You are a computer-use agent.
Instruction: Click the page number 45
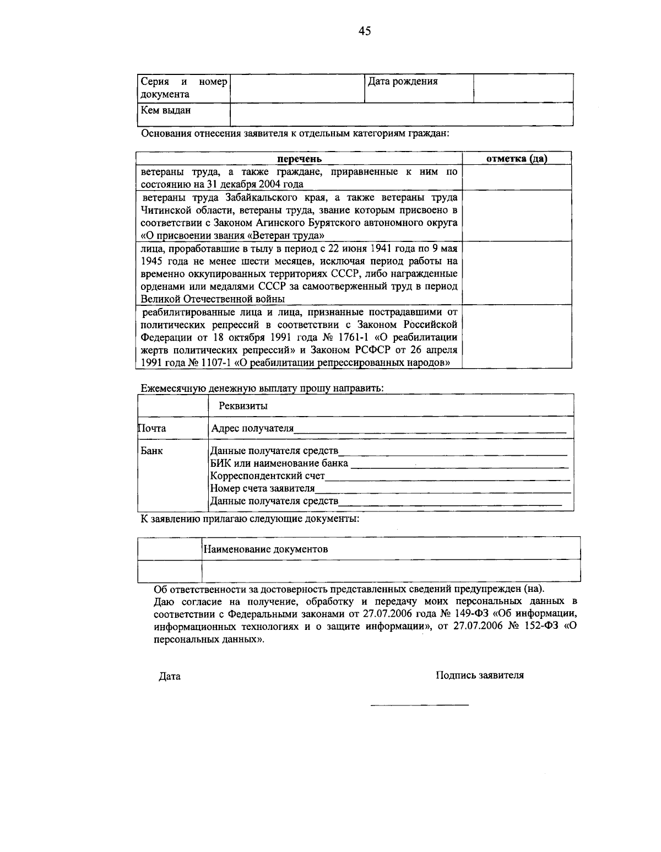[x=365, y=31]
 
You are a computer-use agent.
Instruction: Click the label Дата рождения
[x=403, y=82]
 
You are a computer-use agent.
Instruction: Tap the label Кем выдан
[x=165, y=110]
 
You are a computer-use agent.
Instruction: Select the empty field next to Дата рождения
[x=523, y=88]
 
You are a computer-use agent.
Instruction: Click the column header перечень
[x=299, y=159]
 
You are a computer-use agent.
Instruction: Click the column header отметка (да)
[x=517, y=159]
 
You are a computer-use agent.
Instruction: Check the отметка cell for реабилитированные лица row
[x=517, y=336]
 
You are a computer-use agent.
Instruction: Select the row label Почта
[x=152, y=428]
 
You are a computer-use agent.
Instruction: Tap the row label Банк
[x=151, y=451]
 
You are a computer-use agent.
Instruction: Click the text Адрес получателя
[x=252, y=429]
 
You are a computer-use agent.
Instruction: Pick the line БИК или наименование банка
[x=279, y=463]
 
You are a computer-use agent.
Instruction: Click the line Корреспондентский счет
[x=268, y=476]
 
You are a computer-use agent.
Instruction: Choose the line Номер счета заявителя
[x=263, y=488]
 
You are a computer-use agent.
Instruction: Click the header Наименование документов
[x=266, y=549]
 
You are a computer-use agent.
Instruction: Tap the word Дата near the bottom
[x=170, y=676]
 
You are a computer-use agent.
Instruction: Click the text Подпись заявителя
[x=479, y=675]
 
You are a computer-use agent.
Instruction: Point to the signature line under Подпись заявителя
[x=420, y=705]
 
